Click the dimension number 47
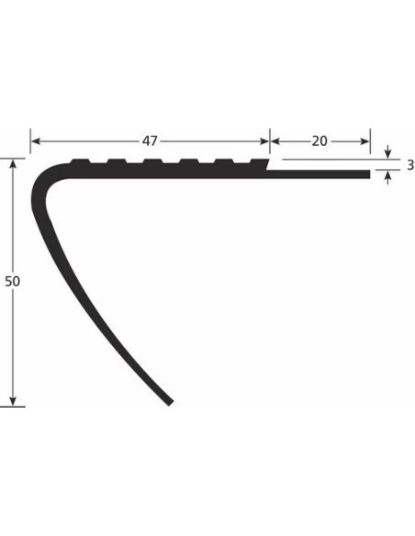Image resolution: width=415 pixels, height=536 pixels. point(151,141)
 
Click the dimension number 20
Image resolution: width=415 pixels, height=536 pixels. point(320,141)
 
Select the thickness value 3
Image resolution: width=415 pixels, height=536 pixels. point(409,165)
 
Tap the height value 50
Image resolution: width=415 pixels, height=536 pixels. point(12,282)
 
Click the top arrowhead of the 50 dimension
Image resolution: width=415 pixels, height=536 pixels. point(13,163)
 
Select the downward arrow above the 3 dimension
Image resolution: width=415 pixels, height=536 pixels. point(388,153)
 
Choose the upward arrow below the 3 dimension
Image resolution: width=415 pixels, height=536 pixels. point(388,177)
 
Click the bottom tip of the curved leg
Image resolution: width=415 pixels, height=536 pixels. point(168,401)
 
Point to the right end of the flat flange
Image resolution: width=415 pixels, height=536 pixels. point(367,173)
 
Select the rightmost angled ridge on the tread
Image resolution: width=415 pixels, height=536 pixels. point(262,163)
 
